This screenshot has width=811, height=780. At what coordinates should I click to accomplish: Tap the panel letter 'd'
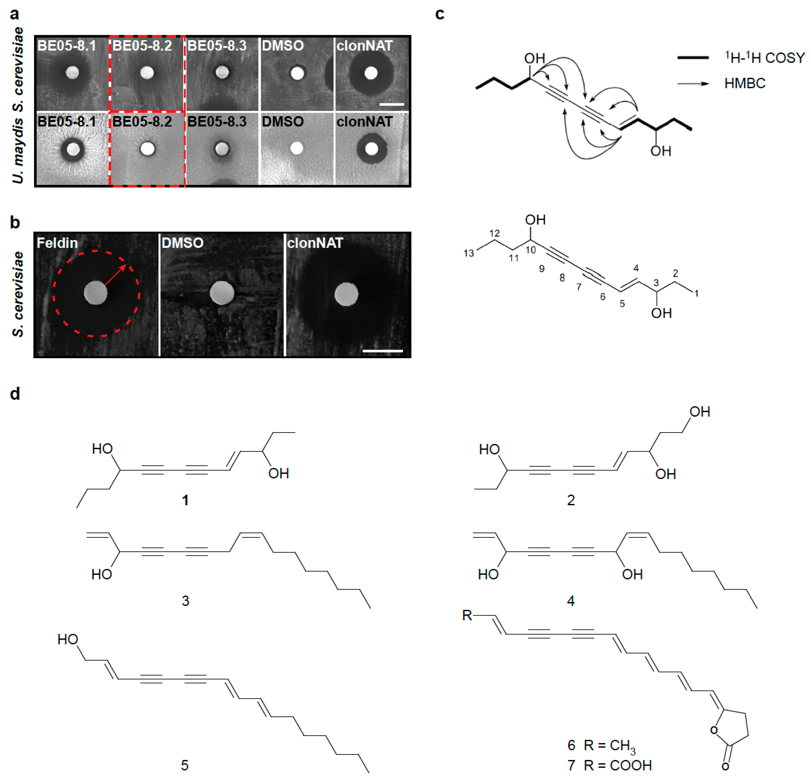(15, 393)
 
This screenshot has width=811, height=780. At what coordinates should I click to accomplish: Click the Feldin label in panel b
(57, 243)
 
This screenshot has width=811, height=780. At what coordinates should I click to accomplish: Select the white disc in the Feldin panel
(95, 293)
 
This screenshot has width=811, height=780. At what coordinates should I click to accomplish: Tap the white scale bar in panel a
(391, 104)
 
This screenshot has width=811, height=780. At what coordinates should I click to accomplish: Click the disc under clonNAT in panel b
(346, 294)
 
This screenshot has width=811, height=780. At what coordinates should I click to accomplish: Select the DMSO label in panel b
(183, 243)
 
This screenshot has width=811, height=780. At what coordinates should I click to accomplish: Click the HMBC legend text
(745, 83)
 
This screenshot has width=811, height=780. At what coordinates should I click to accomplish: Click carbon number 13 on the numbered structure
(468, 253)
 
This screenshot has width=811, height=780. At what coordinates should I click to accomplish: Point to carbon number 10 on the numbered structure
(531, 250)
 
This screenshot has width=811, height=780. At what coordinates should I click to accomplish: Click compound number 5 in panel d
(185, 765)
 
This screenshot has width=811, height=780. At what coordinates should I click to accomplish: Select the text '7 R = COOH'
(609, 765)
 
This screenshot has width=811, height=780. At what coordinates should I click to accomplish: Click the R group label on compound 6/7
(467, 615)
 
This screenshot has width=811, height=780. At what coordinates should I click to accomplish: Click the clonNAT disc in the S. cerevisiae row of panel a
(371, 73)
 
